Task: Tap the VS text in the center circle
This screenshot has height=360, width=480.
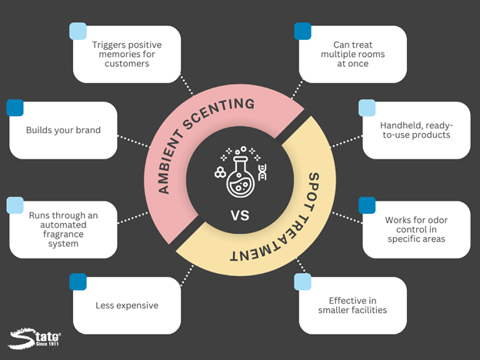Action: pyautogui.click(x=239, y=216)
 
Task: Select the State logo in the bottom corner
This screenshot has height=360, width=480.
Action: pyautogui.click(x=35, y=339)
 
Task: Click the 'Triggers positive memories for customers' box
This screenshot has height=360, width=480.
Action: pyautogui.click(x=127, y=54)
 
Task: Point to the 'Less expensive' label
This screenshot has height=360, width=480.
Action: pyautogui.click(x=127, y=305)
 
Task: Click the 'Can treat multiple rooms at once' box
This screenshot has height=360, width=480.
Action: pyautogui.click(x=352, y=54)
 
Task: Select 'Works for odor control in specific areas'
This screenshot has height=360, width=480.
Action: pyautogui.click(x=415, y=229)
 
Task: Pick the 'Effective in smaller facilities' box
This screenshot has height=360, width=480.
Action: pyautogui.click(x=352, y=305)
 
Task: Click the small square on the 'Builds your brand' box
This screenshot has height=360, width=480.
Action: pyautogui.click(x=15, y=108)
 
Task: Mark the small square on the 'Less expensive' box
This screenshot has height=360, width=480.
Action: pyautogui.click(x=78, y=282)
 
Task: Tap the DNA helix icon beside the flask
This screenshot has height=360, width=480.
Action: pyautogui.click(x=262, y=172)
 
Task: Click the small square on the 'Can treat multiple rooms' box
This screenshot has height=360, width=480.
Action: pyautogui.click(x=303, y=31)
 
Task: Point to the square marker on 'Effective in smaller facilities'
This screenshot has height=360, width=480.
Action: pyautogui.click(x=303, y=282)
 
